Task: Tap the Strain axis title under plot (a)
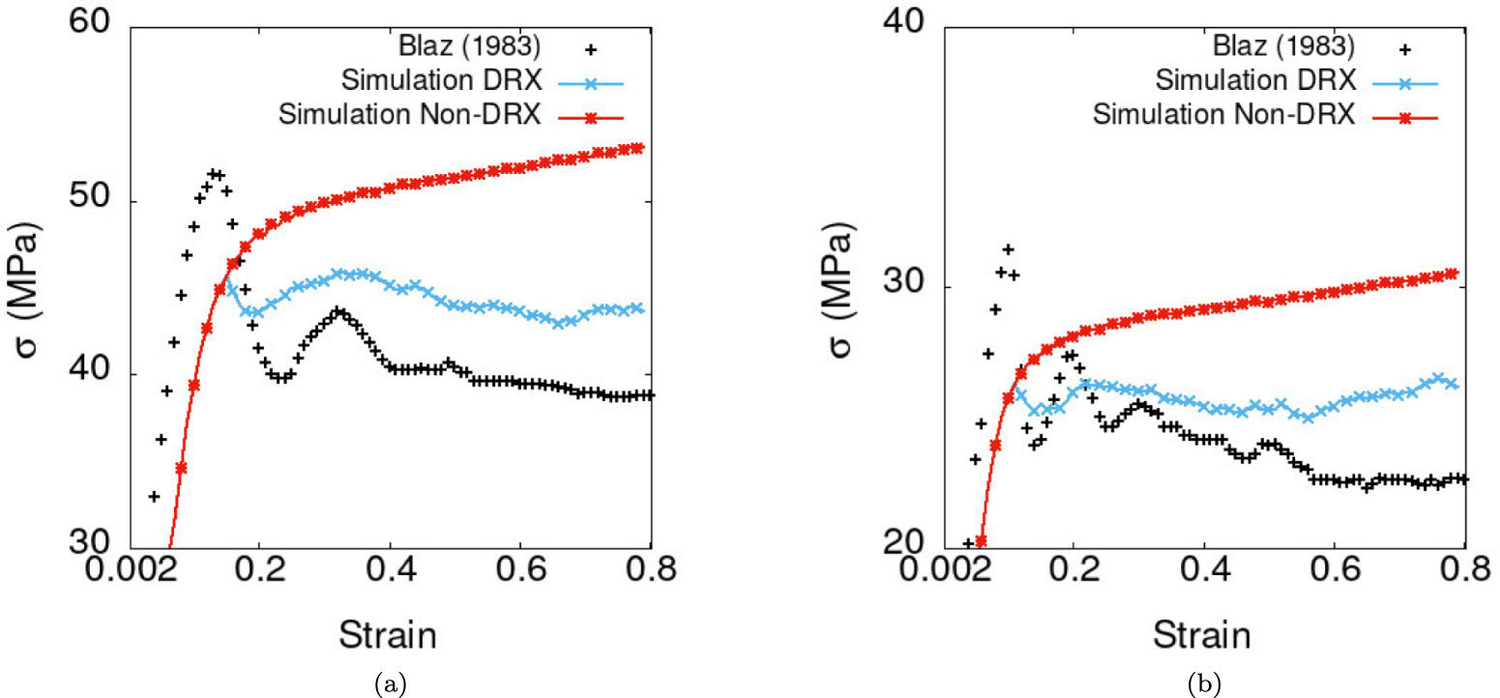(x=387, y=634)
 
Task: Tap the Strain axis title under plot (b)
(x=1201, y=634)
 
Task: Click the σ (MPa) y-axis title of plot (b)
(x=842, y=290)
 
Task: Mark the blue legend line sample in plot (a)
(x=592, y=81)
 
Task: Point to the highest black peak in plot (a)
(x=215, y=173)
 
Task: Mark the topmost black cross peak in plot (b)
(x=1008, y=249)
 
